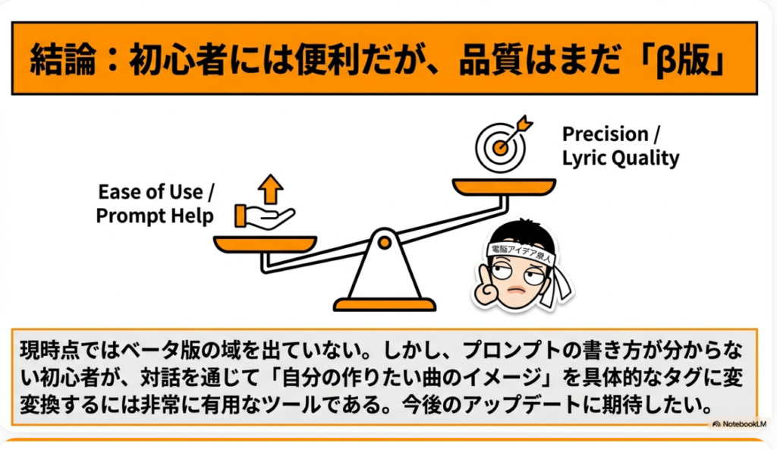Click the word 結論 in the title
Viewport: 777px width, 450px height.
tap(62, 59)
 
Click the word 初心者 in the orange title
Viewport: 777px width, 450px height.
tap(178, 59)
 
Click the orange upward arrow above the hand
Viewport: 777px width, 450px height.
tap(271, 189)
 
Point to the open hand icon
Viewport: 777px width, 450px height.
tap(264, 217)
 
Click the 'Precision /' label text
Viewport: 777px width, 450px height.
tap(611, 134)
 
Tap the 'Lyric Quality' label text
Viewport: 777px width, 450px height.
tap(621, 159)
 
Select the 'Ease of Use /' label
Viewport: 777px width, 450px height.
tap(156, 192)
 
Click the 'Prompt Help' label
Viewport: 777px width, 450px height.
tap(155, 216)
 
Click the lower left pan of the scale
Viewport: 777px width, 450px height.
tap(265, 244)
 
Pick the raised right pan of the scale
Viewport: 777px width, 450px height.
tap(504, 187)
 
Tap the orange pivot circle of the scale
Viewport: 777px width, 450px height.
tap(384, 242)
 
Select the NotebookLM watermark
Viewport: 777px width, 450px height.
tap(739, 424)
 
